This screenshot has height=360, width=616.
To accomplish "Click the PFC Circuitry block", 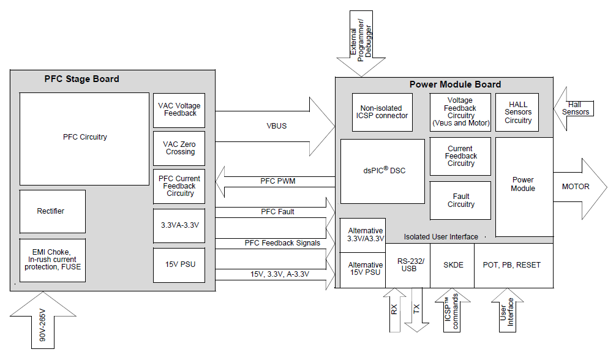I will (x=85, y=138).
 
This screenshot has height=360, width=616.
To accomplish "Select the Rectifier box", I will (x=52, y=211).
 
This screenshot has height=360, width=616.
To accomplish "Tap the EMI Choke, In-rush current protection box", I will (x=52, y=260).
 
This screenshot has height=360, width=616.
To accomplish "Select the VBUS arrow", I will (x=276, y=126).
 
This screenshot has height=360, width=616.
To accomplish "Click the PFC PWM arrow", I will (x=276, y=181).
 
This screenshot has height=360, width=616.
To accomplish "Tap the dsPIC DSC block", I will (x=382, y=171).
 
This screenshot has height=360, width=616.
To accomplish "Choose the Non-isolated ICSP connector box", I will (x=383, y=111).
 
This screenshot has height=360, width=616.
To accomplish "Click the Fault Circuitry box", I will (x=460, y=200).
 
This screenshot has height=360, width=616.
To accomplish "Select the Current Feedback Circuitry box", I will (x=460, y=156).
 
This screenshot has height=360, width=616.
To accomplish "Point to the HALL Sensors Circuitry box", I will (x=518, y=112).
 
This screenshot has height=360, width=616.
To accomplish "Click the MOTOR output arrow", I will (x=579, y=187).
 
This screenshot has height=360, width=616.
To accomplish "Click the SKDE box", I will (x=452, y=265).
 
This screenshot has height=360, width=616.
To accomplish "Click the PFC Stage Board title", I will (x=82, y=79).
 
